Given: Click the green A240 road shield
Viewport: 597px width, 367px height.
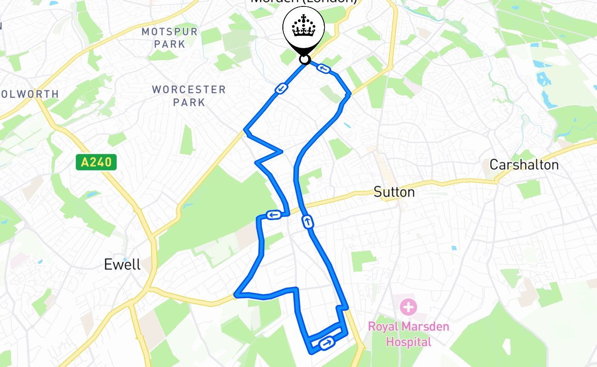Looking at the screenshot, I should pos(96,162).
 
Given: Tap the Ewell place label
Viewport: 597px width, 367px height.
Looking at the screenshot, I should pos(122,264).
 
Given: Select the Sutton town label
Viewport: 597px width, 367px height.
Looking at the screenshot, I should pos(394,192).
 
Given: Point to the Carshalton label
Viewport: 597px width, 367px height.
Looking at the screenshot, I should pos(524,165).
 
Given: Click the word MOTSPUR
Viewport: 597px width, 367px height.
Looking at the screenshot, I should pos(169,32).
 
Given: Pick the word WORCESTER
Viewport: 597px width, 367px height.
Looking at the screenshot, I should pos(189,89).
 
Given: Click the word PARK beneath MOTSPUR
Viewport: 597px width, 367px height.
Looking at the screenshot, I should pos(169,44).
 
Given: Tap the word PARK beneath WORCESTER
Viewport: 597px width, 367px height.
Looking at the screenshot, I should pos(189,102).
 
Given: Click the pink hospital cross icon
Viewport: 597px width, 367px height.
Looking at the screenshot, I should pos(408,307).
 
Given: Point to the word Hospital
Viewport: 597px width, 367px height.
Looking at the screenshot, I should pos(408,342).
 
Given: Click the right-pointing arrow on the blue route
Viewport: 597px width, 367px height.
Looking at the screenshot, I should pos(327,342).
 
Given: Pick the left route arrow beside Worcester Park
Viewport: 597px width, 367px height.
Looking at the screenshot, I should pos(281,88).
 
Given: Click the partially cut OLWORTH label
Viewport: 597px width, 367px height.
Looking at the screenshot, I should pos(30,94).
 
